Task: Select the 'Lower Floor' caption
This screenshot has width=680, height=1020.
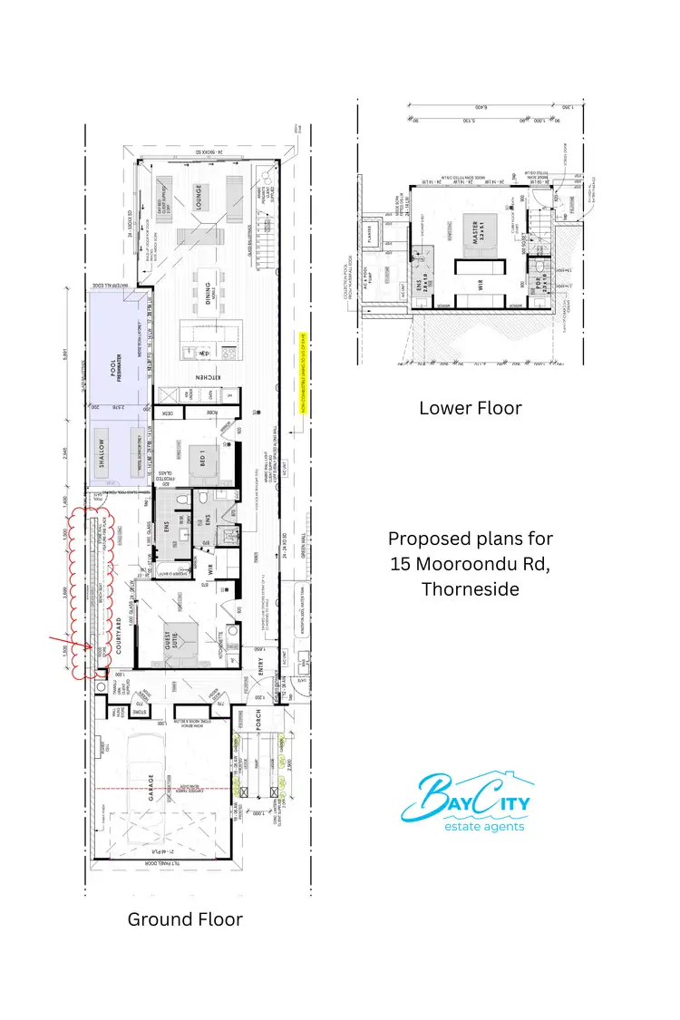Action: tap(470, 408)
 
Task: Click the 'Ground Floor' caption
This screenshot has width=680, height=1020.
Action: tap(185, 918)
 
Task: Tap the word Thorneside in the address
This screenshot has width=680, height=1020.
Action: tap(470, 589)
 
